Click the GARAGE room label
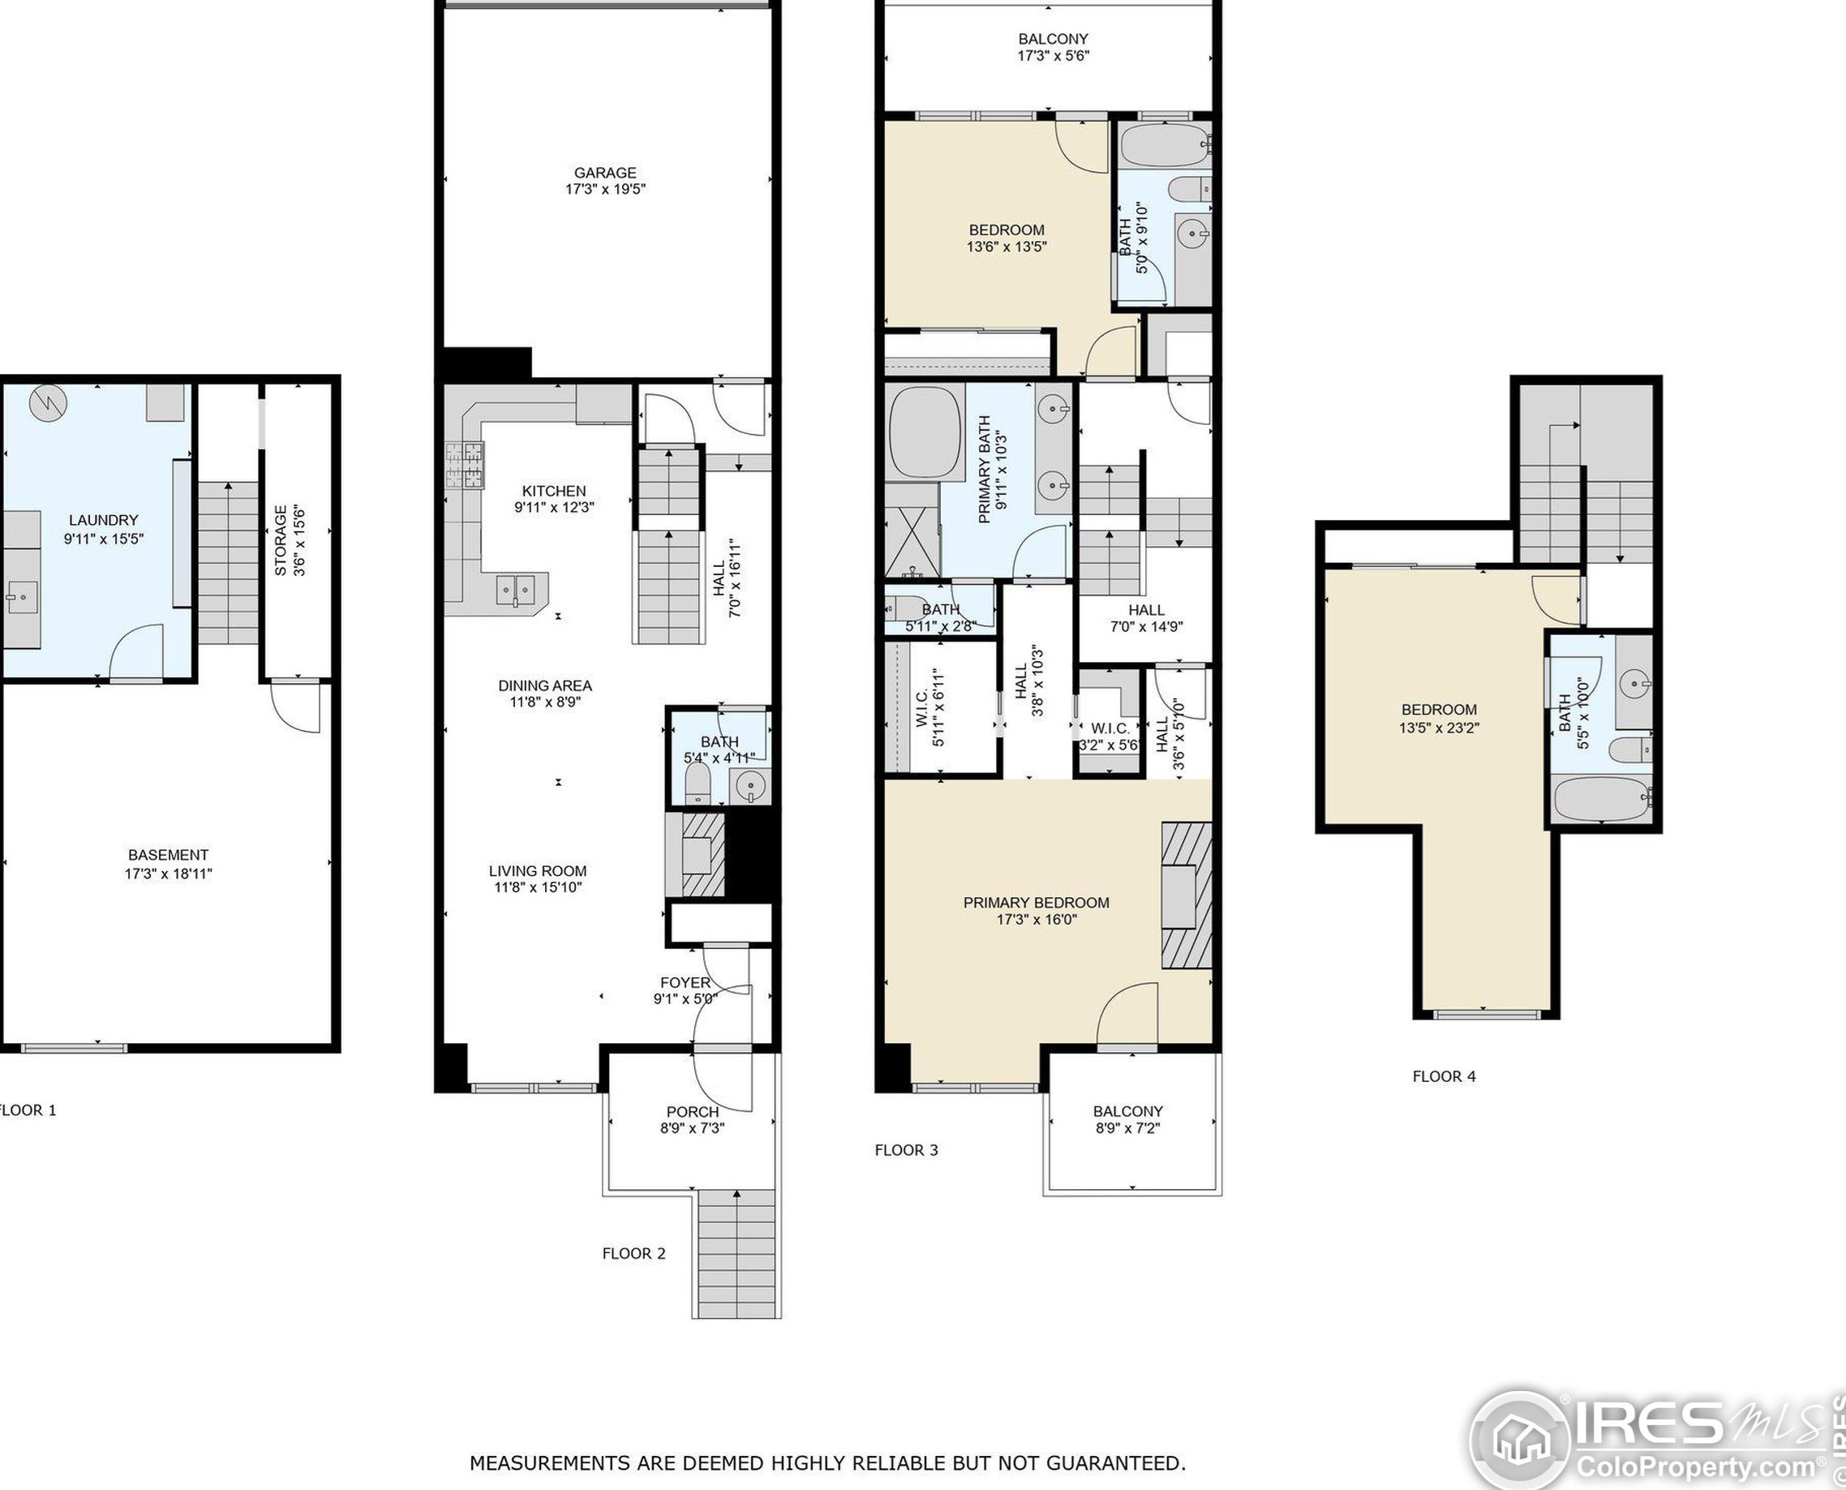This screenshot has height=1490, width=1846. pos(605,173)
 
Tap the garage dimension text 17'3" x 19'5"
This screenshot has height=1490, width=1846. pos(605,190)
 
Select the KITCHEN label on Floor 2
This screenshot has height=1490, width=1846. pos(553,491)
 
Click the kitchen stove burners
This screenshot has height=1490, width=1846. pos(464,466)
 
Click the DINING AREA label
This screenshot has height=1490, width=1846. pos(545,685)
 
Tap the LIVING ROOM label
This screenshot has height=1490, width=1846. pos(537,870)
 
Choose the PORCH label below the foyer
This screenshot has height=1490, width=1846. pos(693,1112)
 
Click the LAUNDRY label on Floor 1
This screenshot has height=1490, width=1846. pos(103,520)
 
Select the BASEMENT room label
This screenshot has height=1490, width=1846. pos(168,855)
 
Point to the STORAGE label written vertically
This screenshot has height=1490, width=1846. pos(281,541)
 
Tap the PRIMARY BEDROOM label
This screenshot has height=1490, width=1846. pos(1036,902)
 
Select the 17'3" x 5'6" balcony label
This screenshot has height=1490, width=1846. pos(1053,56)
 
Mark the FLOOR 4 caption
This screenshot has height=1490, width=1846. pos(1445,1076)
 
